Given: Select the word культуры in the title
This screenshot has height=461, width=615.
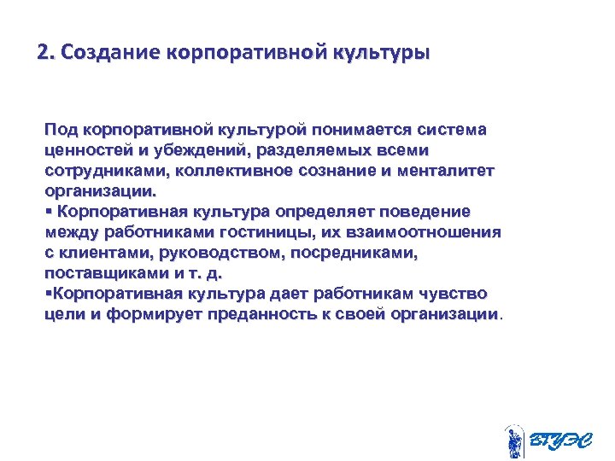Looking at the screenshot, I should tap(385, 52).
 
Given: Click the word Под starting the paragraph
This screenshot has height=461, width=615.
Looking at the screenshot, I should tap(61, 130).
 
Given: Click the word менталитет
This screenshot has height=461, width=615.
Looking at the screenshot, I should tap(448, 171).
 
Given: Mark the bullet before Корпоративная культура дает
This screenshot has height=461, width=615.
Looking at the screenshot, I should tap(47, 294).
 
